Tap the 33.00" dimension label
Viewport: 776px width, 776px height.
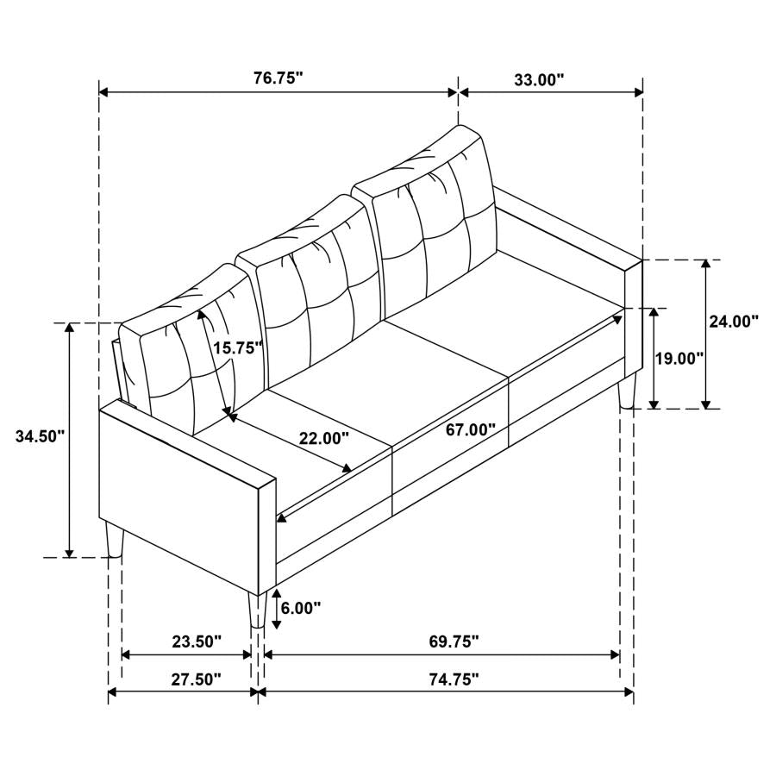[x=539, y=79]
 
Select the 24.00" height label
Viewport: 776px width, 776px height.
[x=733, y=322]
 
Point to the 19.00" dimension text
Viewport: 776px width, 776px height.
[x=679, y=358]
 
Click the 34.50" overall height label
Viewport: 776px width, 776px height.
[x=41, y=436]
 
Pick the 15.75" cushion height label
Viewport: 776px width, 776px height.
[x=237, y=347]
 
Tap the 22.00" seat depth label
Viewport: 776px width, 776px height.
[x=324, y=438]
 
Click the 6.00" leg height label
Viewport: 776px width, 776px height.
[x=302, y=608]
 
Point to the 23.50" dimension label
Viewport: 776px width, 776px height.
[x=197, y=641]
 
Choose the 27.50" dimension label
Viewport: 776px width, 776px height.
[x=197, y=679]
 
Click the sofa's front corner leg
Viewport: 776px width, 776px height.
[x=256, y=610]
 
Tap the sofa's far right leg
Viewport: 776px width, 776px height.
[x=627, y=390]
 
